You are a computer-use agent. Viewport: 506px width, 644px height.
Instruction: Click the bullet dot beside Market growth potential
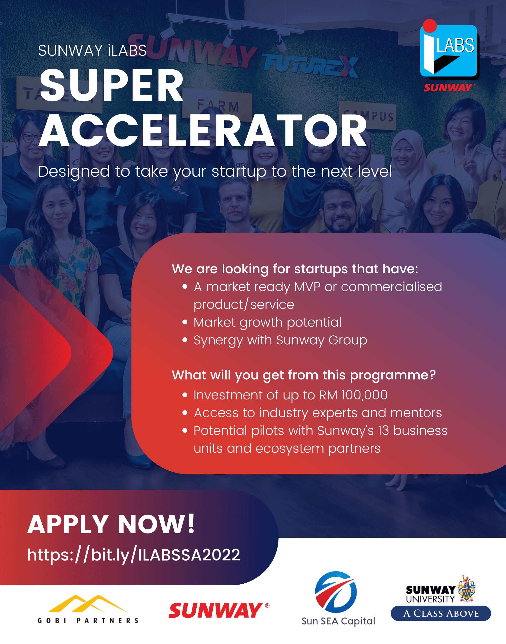click(185, 322)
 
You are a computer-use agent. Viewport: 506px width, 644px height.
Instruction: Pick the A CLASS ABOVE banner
click(441, 614)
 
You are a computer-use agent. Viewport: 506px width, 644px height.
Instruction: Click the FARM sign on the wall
click(219, 106)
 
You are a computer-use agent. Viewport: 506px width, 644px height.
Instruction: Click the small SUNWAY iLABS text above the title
click(92, 50)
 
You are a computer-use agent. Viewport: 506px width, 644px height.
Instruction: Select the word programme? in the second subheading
click(393, 375)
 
